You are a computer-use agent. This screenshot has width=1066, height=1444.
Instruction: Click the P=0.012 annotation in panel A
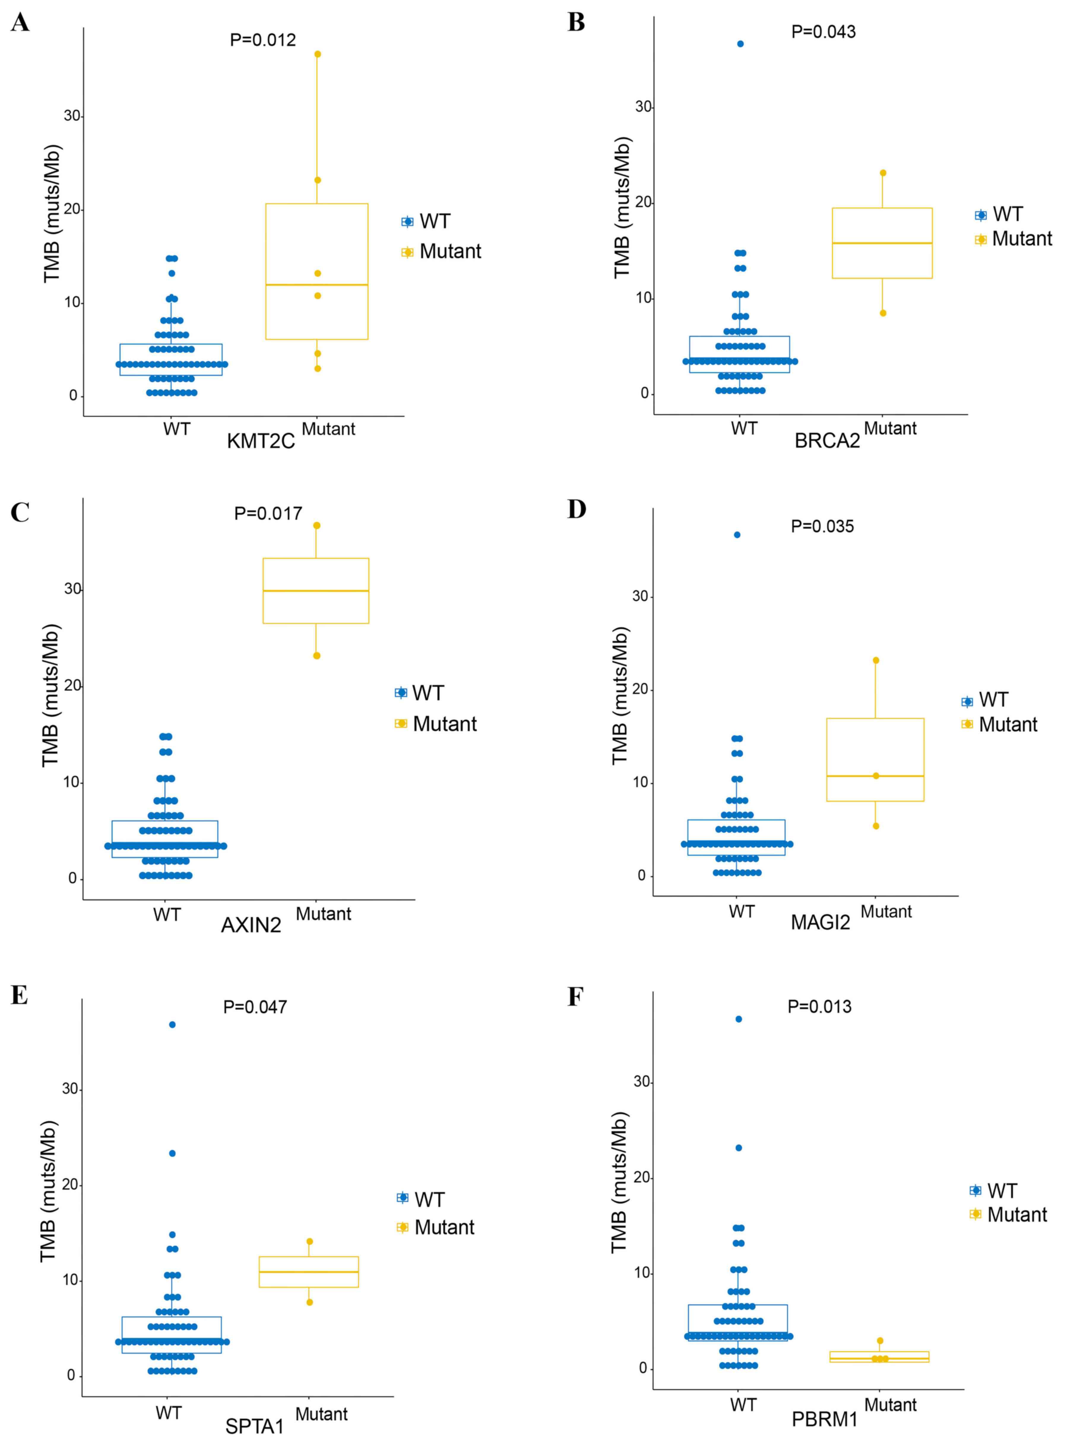263,40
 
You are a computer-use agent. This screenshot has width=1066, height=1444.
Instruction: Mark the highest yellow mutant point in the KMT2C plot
317,54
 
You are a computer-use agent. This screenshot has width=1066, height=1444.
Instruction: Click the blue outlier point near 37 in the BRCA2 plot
740,44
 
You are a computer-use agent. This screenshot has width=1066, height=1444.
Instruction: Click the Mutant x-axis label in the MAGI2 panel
886,912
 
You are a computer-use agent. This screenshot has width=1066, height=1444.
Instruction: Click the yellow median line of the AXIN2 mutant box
316,591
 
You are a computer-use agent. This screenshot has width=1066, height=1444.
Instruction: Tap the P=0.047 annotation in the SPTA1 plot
255,1007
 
